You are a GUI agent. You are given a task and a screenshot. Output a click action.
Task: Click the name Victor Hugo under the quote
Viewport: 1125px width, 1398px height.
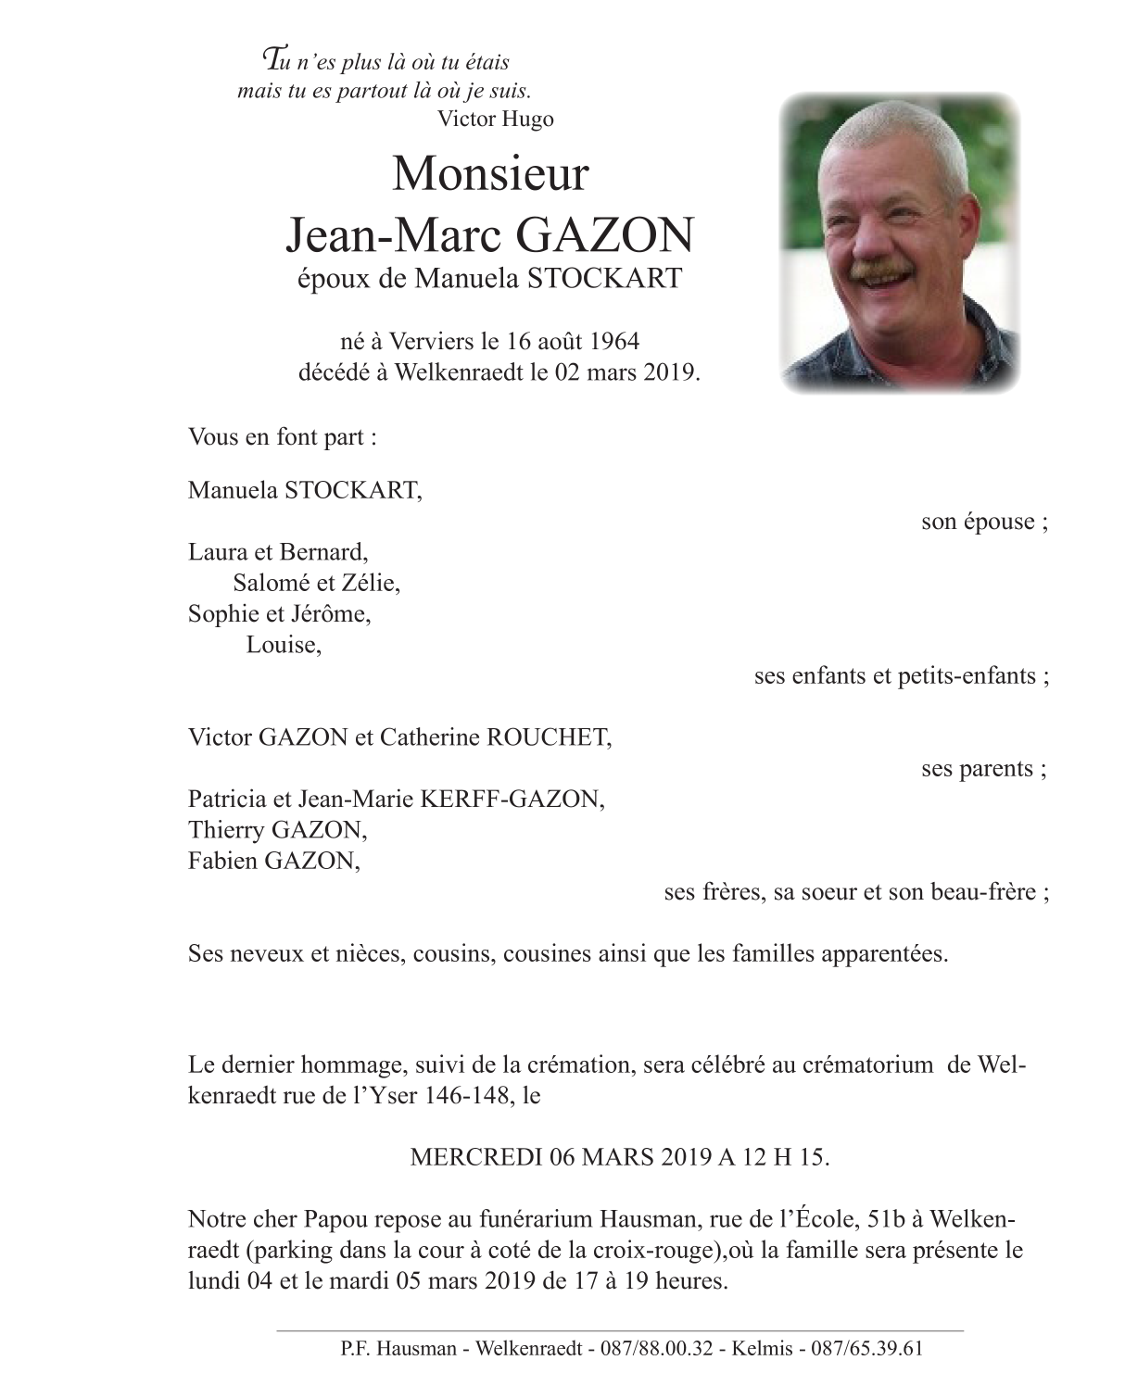click(495, 119)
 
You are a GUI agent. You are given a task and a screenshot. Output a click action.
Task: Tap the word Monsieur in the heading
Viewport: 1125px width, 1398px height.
click(490, 173)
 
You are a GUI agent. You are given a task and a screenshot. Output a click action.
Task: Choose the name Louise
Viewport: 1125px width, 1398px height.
click(283, 646)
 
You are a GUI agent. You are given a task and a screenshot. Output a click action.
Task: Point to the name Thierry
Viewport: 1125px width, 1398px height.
click(225, 830)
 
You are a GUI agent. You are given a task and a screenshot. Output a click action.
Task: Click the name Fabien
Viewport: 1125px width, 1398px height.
click(222, 862)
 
